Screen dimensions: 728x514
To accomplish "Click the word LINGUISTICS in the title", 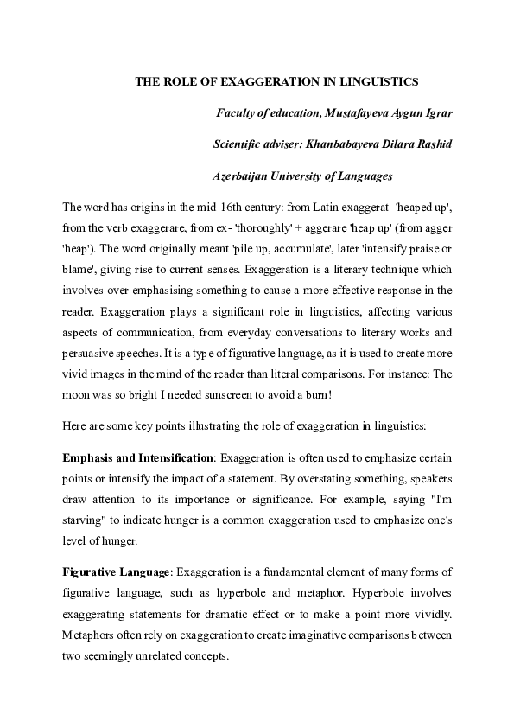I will tap(376, 81).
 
